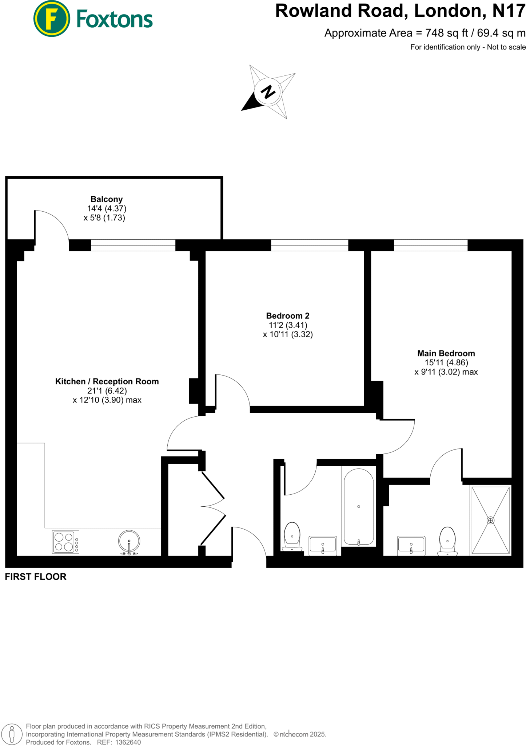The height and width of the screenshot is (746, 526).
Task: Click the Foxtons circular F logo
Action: click(x=52, y=19)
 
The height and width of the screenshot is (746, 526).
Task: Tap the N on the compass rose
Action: click(x=268, y=91)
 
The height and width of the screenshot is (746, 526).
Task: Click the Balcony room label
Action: click(x=107, y=199)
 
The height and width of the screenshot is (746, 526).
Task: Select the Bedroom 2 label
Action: click(x=288, y=316)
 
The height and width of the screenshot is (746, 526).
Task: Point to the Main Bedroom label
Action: click(x=446, y=353)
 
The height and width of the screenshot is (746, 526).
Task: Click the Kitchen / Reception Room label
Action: click(x=107, y=381)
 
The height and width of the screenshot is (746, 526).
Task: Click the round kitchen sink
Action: click(x=129, y=541)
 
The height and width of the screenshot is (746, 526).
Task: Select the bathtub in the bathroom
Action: click(x=359, y=507)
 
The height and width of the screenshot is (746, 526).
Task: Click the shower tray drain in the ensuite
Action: click(x=490, y=520)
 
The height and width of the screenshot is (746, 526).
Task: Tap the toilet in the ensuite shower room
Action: click(x=447, y=541)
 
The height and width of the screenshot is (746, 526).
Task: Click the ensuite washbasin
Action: click(x=411, y=545)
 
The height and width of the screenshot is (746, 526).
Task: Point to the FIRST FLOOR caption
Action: click(x=36, y=577)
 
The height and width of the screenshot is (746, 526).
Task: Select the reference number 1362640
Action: click(x=128, y=742)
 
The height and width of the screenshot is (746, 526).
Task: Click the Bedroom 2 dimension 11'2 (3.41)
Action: click(x=288, y=325)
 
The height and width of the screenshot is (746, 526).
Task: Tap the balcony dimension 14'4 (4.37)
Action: click(x=107, y=209)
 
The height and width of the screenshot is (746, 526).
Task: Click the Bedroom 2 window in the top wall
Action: click(x=310, y=245)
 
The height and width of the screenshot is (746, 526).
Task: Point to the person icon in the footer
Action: click(x=12, y=734)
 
